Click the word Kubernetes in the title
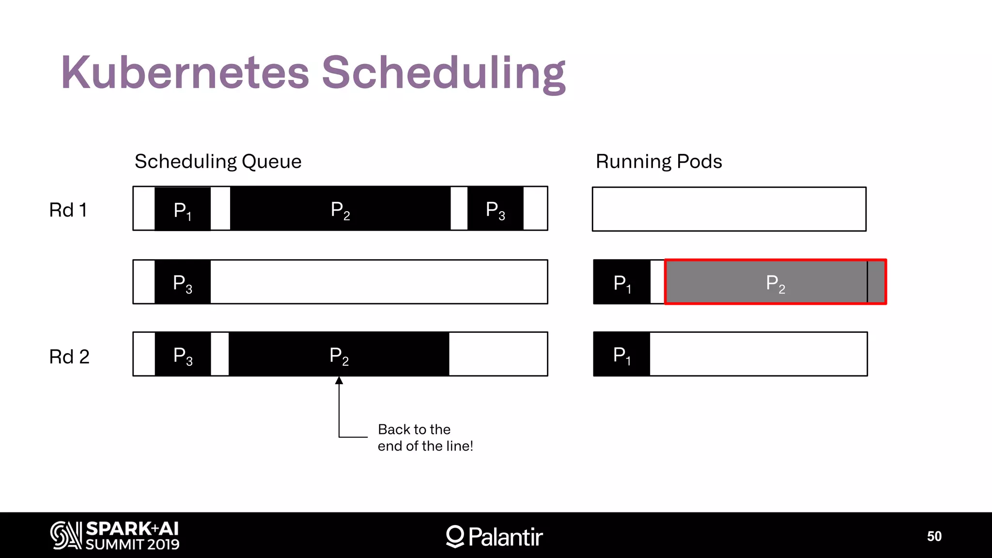[x=185, y=73]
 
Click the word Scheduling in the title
[x=443, y=73]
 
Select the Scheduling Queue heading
[x=218, y=161]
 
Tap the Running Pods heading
[x=659, y=161]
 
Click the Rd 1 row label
[x=68, y=210]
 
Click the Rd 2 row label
[x=69, y=356]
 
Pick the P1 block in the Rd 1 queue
[x=183, y=209]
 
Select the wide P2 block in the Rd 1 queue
[x=340, y=209]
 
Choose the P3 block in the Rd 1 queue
[x=495, y=209]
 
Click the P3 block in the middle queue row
[x=183, y=282]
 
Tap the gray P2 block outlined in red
[x=775, y=282]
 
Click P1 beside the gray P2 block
[x=622, y=282]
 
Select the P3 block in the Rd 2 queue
[x=183, y=355]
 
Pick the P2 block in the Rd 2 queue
[x=339, y=355]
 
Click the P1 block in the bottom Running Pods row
[x=621, y=355]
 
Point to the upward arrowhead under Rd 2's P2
[x=339, y=381]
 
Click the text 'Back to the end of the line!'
[x=425, y=437]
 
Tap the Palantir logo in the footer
[x=494, y=536]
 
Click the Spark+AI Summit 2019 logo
[x=115, y=535]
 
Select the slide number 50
[x=934, y=536]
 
